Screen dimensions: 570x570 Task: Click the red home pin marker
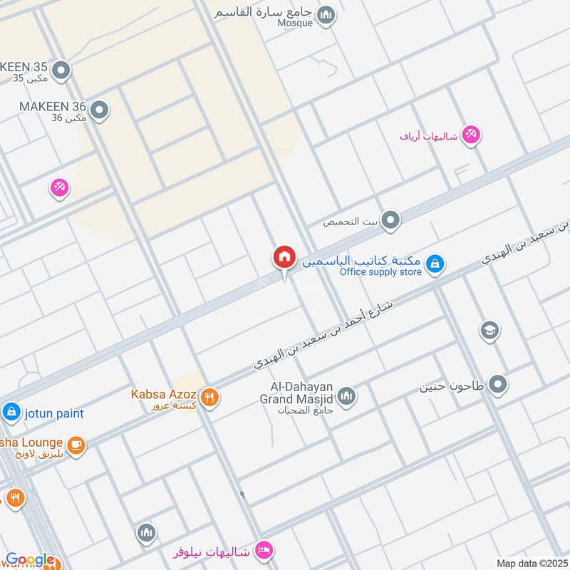coord(284,258)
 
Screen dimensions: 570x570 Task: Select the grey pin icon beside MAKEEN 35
coord(62,70)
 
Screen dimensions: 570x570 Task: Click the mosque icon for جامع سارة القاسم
coord(326,15)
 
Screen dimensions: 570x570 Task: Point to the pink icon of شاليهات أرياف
coord(470,134)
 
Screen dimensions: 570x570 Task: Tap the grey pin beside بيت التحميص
coord(390,222)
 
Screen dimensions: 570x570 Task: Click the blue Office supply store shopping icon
coord(434,265)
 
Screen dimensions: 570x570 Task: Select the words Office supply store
coord(380,272)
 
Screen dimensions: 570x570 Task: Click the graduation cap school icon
coord(489,329)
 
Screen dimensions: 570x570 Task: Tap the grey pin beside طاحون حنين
coord(498,385)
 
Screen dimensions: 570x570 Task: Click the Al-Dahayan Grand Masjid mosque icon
coord(346,396)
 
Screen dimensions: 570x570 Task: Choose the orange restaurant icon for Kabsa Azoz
coord(209,398)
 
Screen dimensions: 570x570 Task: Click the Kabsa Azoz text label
coord(163,394)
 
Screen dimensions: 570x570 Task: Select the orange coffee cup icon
coord(76,446)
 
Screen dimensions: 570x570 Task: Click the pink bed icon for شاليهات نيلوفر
coord(263,551)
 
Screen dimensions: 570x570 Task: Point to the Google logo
coord(30,560)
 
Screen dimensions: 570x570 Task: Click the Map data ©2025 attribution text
coord(531,563)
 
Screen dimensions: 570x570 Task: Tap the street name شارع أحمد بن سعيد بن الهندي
coord(324,334)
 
